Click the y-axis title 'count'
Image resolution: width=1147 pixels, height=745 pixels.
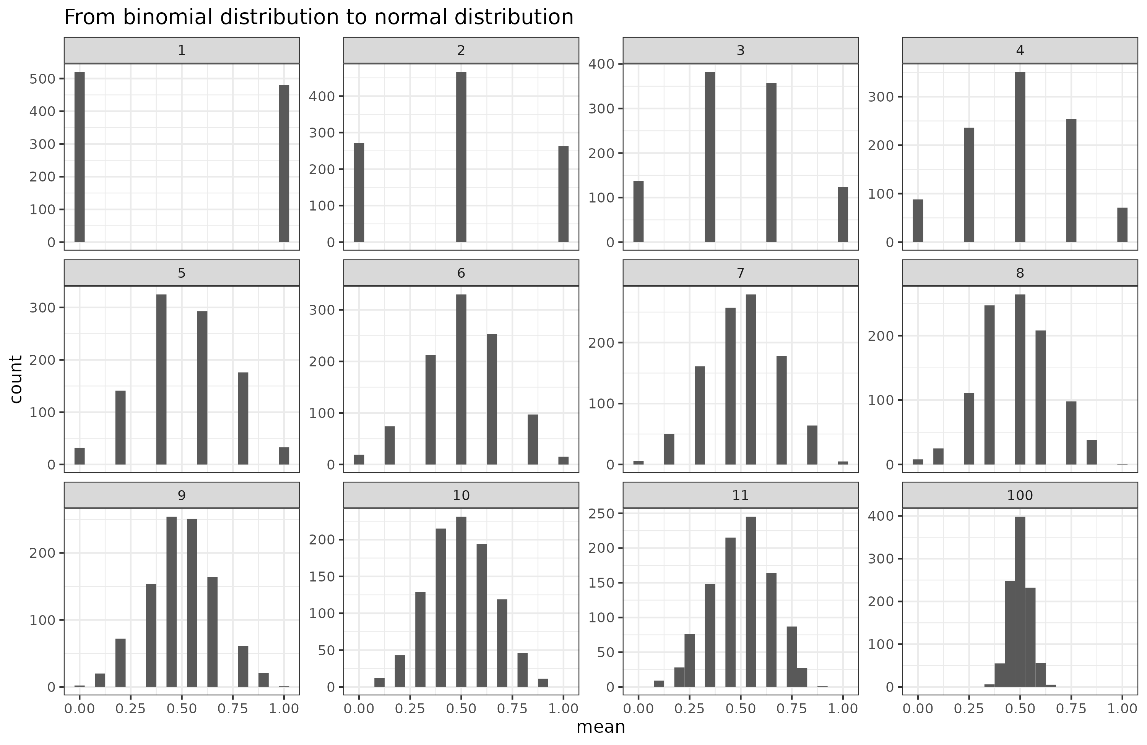(16, 379)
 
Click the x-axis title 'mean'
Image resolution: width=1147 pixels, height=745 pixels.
(601, 727)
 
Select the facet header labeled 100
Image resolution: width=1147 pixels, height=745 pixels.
(1020, 495)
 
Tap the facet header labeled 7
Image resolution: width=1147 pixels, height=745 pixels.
(740, 273)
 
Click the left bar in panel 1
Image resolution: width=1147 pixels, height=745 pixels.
(80, 157)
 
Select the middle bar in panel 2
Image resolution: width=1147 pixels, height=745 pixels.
(461, 157)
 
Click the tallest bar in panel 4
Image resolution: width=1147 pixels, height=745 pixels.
(1020, 157)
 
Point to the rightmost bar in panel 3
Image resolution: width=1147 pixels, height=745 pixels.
(842, 214)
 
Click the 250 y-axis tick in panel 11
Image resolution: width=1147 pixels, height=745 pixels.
(603, 513)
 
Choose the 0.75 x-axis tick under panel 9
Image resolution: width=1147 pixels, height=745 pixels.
(233, 708)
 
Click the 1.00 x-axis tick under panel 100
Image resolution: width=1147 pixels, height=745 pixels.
(1122, 708)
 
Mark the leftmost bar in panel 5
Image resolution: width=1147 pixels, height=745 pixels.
(80, 456)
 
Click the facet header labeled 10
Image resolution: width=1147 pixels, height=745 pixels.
(461, 495)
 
